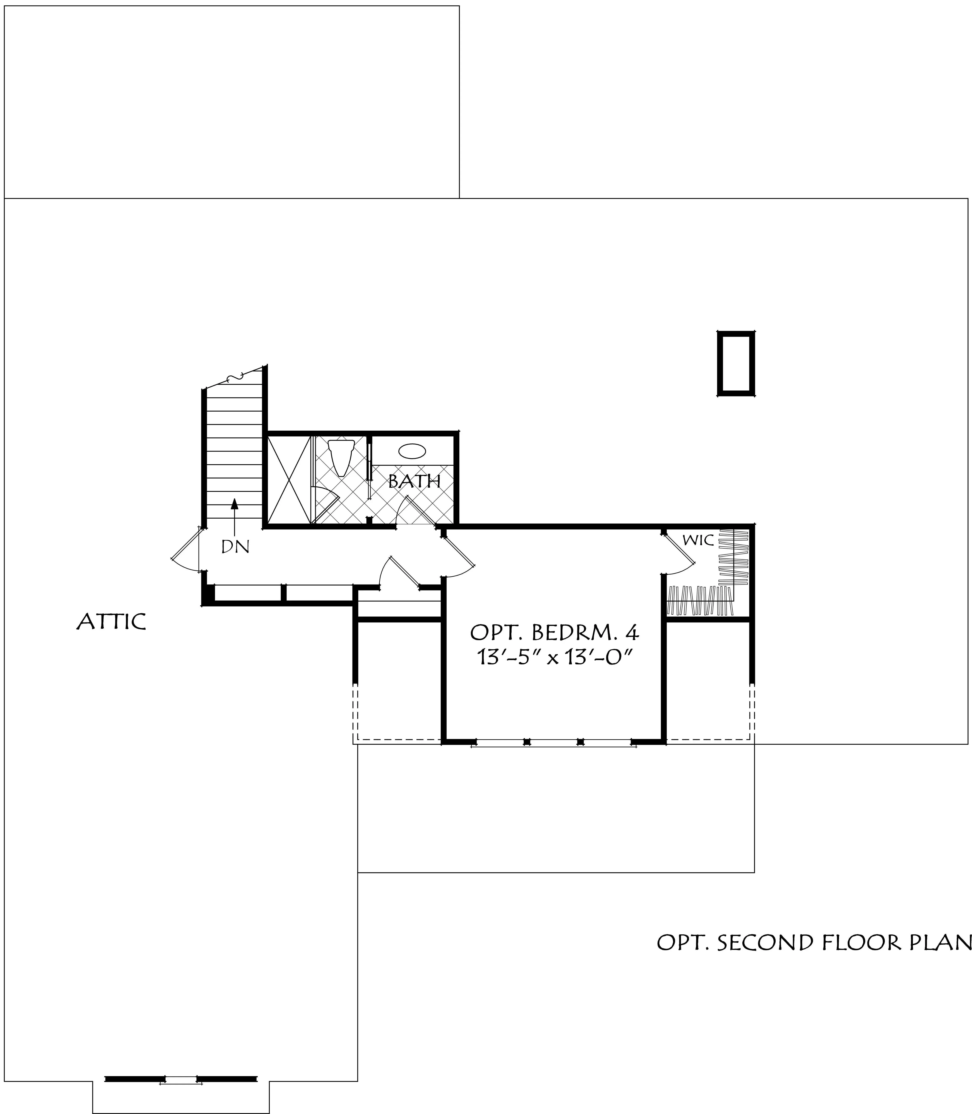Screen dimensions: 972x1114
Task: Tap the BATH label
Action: [414, 481]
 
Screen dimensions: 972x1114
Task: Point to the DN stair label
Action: [235, 547]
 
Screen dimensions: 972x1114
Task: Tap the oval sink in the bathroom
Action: [412, 452]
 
